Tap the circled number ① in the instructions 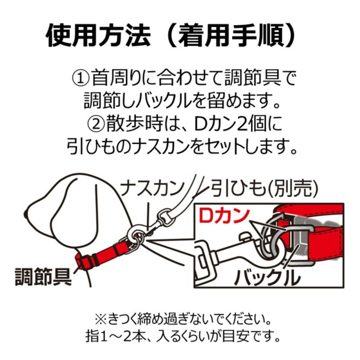pos(81,78)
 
